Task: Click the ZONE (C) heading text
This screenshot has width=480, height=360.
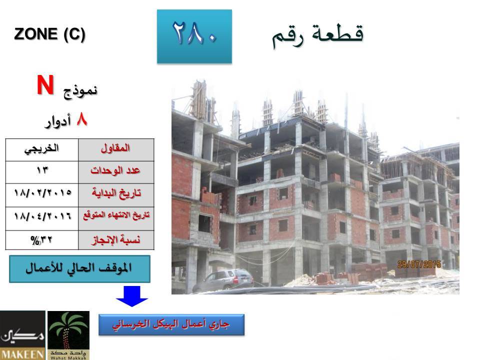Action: [49, 34]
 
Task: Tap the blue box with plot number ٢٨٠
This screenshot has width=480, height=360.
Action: [194, 36]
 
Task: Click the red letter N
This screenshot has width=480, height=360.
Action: [45, 85]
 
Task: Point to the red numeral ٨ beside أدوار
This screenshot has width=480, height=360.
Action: [82, 119]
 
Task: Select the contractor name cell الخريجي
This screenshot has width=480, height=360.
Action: [42, 150]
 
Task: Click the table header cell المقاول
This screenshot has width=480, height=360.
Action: [116, 150]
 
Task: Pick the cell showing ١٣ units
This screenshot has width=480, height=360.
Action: [42, 172]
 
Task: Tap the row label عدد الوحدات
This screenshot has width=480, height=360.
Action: [116, 172]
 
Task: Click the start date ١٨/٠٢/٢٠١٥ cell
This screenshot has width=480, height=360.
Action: [42, 195]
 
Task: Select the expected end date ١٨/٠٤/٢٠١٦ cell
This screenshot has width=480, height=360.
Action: [42, 218]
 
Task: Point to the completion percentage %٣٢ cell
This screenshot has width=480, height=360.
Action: [42, 240]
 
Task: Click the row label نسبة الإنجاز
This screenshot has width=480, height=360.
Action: [116, 240]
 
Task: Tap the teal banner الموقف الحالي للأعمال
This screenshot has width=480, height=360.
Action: [79, 269]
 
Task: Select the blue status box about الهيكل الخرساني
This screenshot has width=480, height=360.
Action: [171, 324]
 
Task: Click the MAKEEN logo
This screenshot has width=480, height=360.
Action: [22, 335]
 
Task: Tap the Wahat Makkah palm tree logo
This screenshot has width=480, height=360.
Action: [68, 335]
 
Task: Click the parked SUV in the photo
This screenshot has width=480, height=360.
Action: [223, 279]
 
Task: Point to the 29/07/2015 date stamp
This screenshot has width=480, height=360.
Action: [419, 264]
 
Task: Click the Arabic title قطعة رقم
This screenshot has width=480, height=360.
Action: [318, 36]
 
